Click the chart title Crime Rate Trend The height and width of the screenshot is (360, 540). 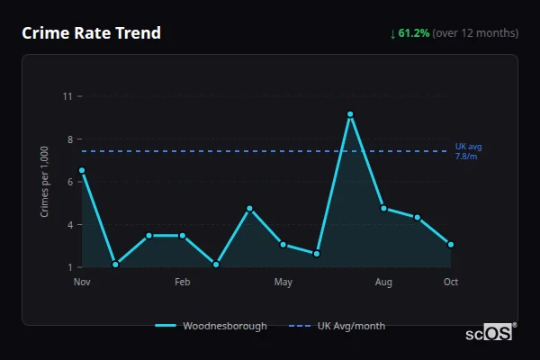[91, 33]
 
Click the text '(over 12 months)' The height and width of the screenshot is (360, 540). [475, 33]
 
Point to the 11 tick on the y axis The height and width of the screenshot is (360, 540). [67, 96]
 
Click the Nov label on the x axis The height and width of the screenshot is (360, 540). [82, 283]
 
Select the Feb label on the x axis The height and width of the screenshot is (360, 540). [183, 283]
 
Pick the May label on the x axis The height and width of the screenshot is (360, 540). [283, 283]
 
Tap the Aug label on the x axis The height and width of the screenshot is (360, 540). [383, 283]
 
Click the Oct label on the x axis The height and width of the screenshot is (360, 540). [451, 283]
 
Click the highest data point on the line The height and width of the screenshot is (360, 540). [350, 114]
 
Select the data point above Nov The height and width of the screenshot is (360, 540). [82, 170]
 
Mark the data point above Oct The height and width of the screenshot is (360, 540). [451, 244]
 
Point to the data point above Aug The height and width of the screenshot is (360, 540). [383, 208]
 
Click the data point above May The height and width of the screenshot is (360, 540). [283, 244]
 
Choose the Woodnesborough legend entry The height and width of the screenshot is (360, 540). [211, 326]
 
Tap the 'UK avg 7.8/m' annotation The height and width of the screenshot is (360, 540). [468, 151]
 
